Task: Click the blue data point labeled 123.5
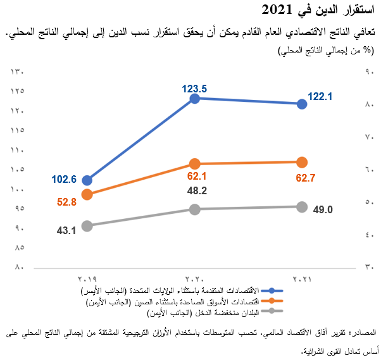[x=195, y=98]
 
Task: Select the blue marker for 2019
[x=87, y=180]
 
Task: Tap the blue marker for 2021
[x=302, y=104]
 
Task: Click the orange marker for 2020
[x=195, y=164]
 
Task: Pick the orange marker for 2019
[x=87, y=194]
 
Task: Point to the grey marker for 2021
[x=302, y=207]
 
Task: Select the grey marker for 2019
[x=87, y=226]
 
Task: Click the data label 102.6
[x=64, y=179]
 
